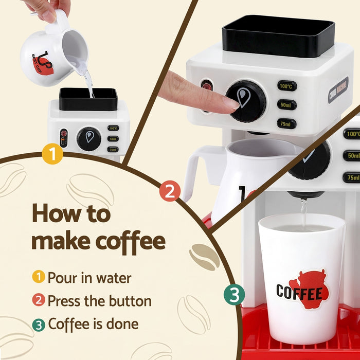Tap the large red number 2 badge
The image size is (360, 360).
(170, 191)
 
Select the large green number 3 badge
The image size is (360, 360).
(234, 295)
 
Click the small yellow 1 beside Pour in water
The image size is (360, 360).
(39, 278)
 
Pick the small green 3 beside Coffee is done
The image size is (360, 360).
(39, 324)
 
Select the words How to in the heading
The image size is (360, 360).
(71, 212)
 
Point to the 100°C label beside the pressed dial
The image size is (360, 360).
(286, 86)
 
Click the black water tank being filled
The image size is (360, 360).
(88, 99)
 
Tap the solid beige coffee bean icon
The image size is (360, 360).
(204, 256)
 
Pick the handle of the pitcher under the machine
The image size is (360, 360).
(195, 170)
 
